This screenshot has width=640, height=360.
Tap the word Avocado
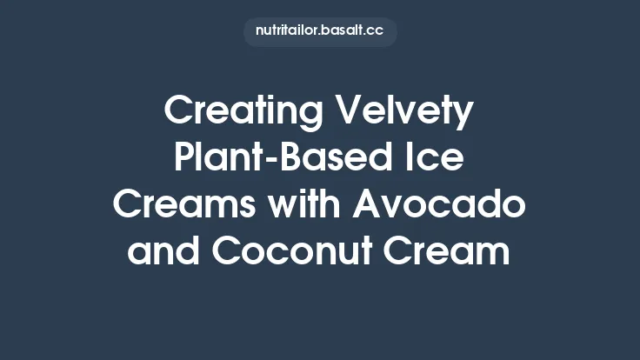click(x=438, y=206)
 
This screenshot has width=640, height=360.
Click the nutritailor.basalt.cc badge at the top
click(x=320, y=31)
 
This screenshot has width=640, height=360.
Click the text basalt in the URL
click(x=343, y=31)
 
